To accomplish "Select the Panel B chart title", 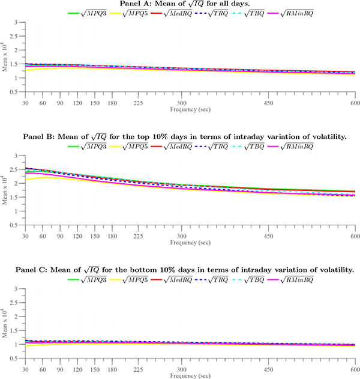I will pyautogui.click(x=188, y=138).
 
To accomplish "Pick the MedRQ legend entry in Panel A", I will pyautogui.click(x=178, y=13).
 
